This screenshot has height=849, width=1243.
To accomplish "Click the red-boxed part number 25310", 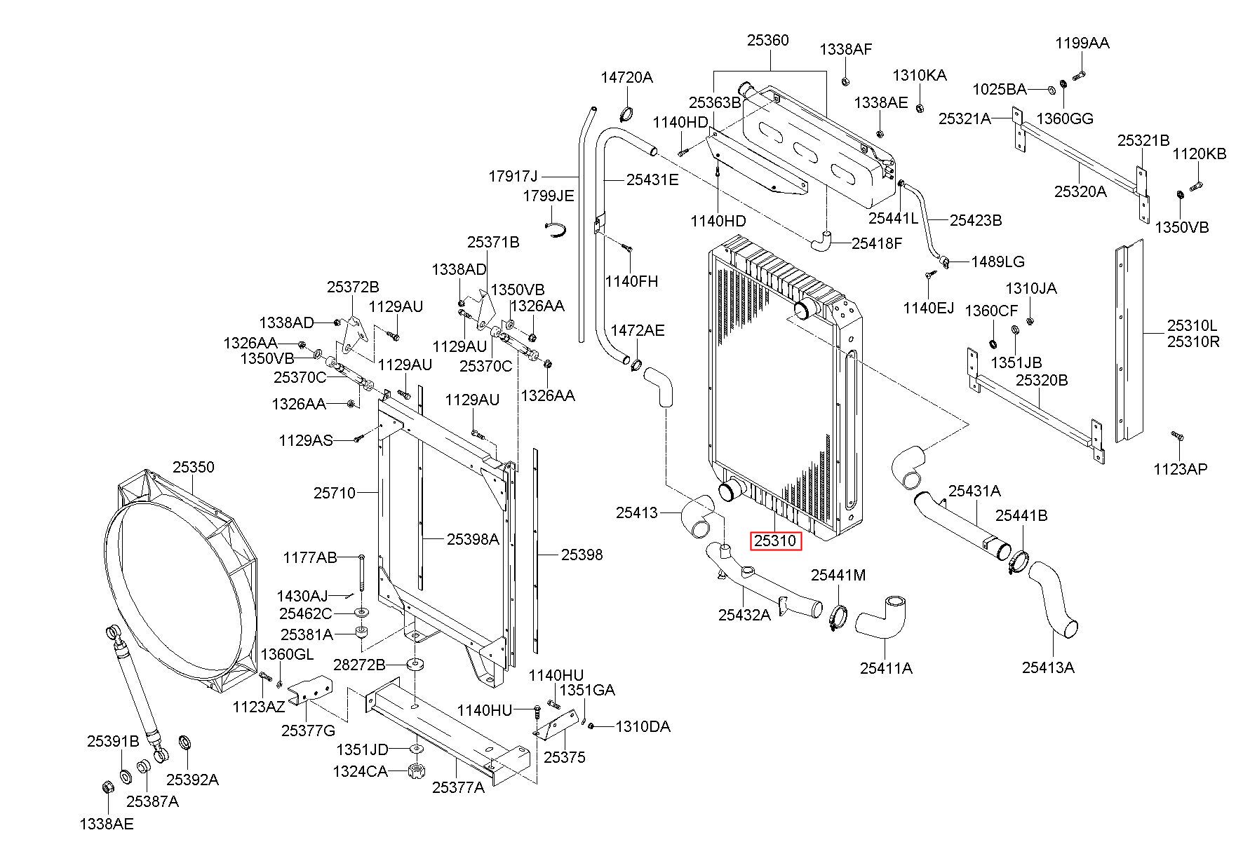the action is (x=775, y=541).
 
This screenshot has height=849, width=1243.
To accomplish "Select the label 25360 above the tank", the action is (x=767, y=41).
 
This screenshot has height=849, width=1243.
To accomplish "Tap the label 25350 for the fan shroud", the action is (x=194, y=467).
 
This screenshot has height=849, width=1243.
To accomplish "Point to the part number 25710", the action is (x=335, y=493).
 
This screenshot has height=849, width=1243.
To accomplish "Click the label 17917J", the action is (x=513, y=176).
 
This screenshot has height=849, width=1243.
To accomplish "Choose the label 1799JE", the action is (x=548, y=196).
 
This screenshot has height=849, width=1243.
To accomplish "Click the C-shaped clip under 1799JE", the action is (x=556, y=229).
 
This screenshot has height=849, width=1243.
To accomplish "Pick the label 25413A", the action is (x=1048, y=667).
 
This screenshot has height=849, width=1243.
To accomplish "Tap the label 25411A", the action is (x=886, y=668).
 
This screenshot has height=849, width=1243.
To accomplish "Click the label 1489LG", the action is (x=997, y=262).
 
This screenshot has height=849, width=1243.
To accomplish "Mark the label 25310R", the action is (x=1193, y=341).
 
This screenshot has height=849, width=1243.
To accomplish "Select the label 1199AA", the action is (x=1082, y=43).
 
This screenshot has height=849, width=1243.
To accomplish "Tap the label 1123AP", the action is (x=1181, y=469).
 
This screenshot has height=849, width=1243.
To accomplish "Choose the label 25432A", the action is (x=744, y=615).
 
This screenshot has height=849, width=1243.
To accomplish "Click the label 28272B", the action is (x=359, y=665).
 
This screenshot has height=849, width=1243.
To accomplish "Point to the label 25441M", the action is (x=838, y=576).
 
